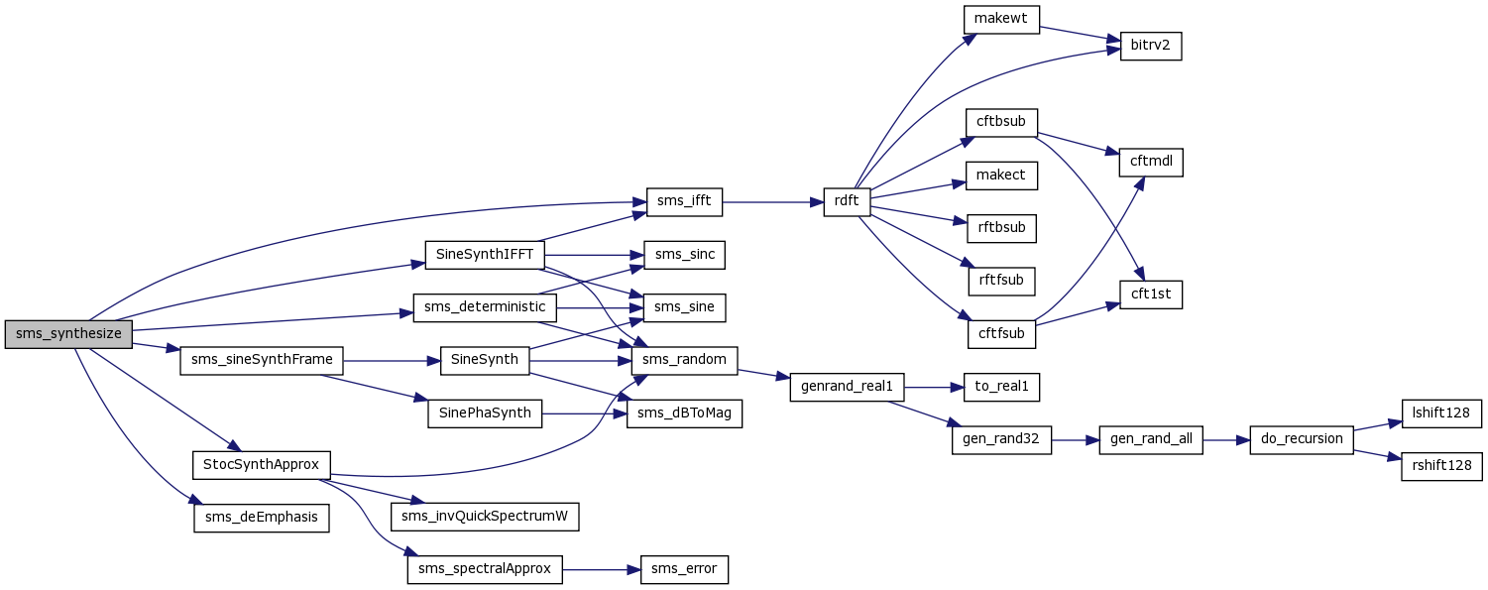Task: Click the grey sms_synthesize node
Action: pos(68,334)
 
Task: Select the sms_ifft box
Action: pos(683,202)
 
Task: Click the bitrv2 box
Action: pos(1151,46)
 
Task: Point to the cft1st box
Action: pos(1151,294)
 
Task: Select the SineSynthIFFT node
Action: pos(485,255)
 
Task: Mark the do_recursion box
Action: pos(1301,438)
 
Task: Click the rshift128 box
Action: pos(1441,465)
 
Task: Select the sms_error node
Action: pos(684,570)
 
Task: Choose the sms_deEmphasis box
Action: pos(261,517)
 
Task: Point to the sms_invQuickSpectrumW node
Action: pos(485,517)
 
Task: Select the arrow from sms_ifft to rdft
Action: pos(772,202)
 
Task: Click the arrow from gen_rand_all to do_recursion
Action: pos(1225,438)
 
